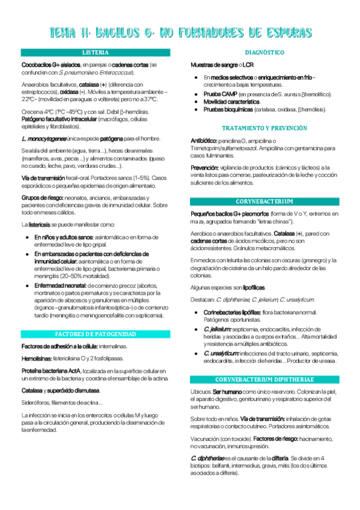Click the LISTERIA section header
(x=96, y=52)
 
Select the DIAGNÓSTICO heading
(x=264, y=52)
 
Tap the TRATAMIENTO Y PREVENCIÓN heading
(x=264, y=128)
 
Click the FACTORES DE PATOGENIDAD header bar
(x=96, y=334)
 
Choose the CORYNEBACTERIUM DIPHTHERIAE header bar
(x=264, y=380)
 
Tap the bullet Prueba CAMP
(x=220, y=94)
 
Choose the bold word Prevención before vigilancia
(x=204, y=167)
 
